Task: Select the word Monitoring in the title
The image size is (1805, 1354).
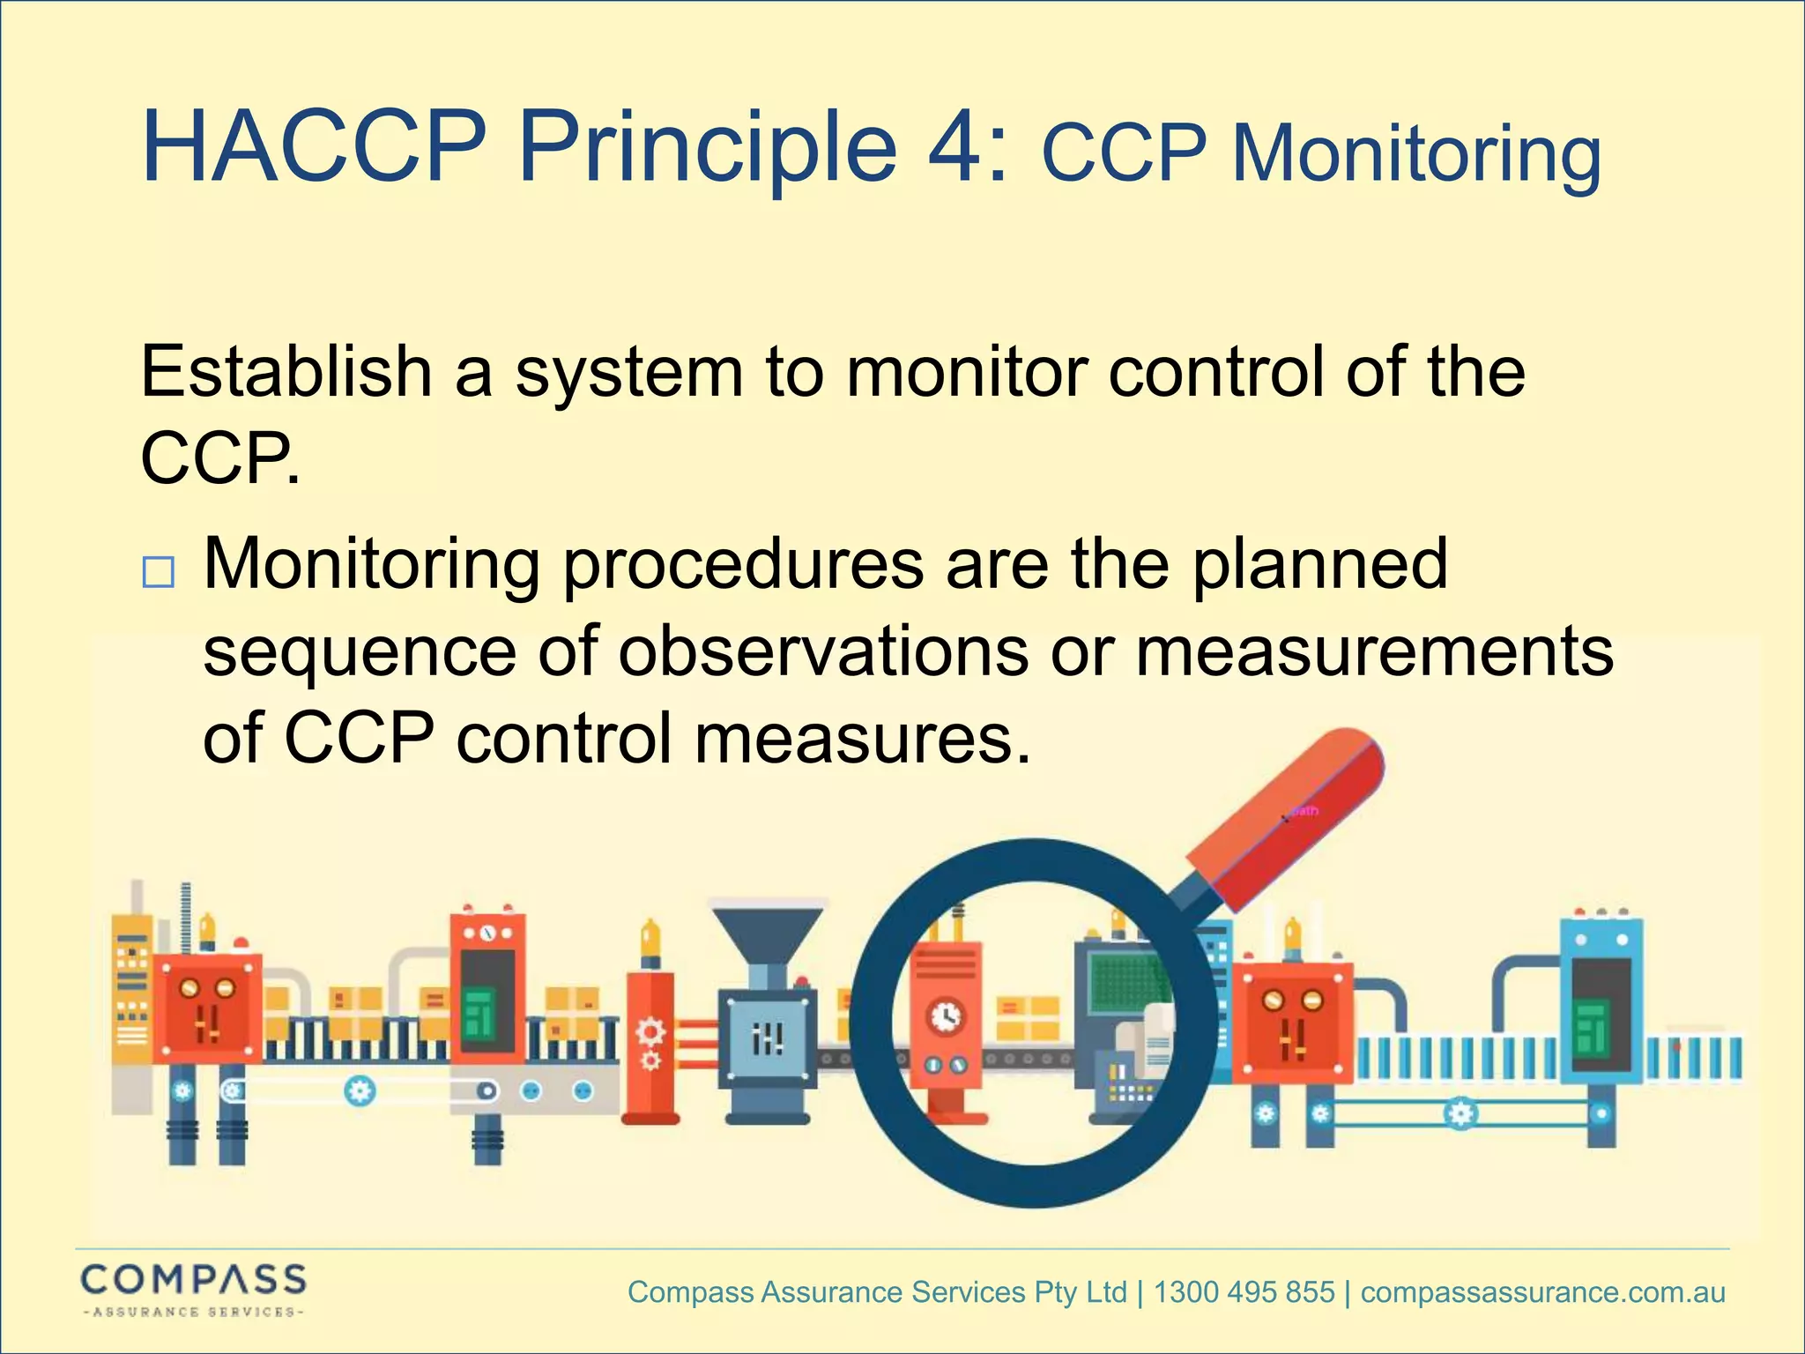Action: coord(1415,154)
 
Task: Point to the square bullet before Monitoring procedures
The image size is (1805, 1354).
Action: coord(159,573)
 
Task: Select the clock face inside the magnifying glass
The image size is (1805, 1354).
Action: coord(947,1016)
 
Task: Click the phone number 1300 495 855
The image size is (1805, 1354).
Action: coord(1244,1292)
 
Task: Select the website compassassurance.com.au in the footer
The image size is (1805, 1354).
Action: coord(1542,1292)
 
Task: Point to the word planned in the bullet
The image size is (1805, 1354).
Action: coord(1319,564)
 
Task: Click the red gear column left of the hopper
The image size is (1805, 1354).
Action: coord(650,1045)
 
